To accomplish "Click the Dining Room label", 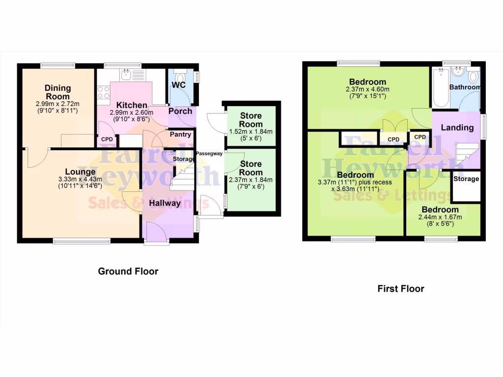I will tap(58, 92).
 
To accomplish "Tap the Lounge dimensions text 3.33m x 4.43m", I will tap(79, 180).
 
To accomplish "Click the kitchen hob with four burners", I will tap(104, 92).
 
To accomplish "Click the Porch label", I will tap(180, 111).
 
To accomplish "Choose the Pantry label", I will tap(180, 134).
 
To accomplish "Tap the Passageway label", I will tap(209, 154).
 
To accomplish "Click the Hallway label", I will tap(166, 203).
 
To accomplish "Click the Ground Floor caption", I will tap(128, 271).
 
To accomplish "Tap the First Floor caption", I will tap(400, 289).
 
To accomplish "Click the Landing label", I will tap(457, 128).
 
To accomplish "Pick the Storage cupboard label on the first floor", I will tap(466, 179).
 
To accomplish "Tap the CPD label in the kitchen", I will tap(107, 139).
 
